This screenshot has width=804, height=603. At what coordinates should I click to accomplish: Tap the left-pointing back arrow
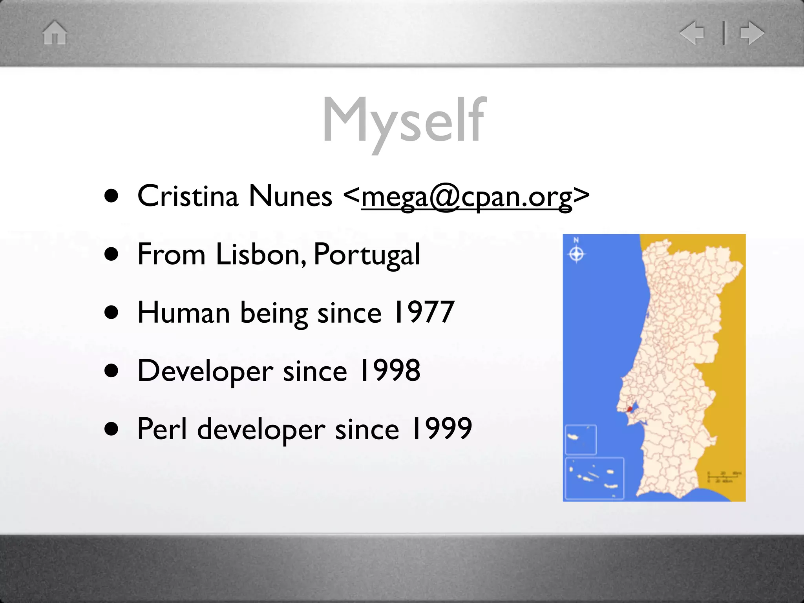click(692, 33)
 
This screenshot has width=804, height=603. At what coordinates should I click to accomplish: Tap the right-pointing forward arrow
click(752, 33)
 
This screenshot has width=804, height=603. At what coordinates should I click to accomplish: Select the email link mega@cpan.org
click(466, 197)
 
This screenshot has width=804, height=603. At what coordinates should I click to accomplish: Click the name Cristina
click(188, 196)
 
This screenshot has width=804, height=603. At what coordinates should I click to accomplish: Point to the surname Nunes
click(290, 196)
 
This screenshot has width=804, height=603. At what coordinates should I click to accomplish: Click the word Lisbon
click(261, 254)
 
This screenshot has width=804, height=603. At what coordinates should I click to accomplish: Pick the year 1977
click(424, 312)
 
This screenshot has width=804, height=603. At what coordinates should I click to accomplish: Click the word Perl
click(162, 429)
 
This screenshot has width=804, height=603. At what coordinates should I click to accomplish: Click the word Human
click(183, 312)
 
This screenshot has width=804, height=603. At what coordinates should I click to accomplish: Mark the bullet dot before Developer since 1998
click(111, 371)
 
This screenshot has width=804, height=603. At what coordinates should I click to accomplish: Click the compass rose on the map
click(576, 254)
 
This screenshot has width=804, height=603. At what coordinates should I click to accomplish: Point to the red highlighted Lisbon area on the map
click(630, 409)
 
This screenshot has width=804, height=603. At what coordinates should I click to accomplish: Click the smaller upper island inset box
click(581, 440)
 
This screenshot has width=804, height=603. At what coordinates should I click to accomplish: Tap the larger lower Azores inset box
click(594, 478)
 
